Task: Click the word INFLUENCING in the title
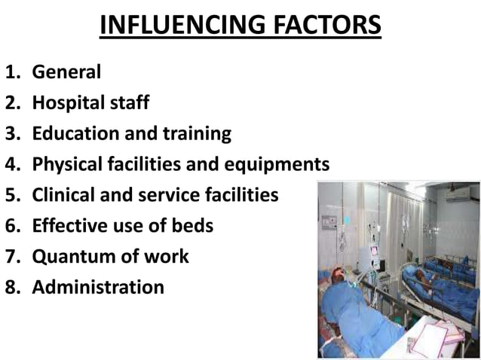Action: click(x=180, y=26)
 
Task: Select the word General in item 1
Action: click(x=66, y=72)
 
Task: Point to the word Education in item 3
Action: click(x=75, y=133)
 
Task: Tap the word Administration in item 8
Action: click(x=98, y=287)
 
